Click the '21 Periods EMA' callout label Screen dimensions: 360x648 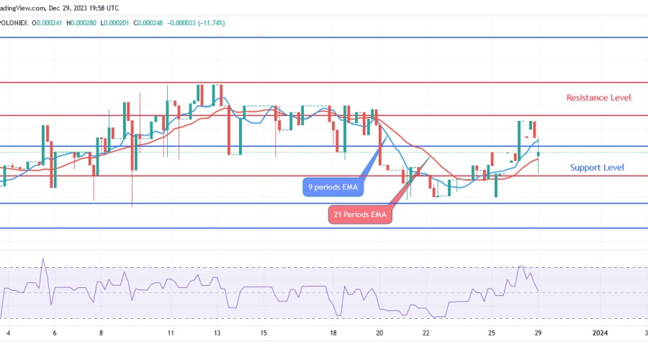pos(359,215)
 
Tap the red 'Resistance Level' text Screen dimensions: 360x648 pos(598,97)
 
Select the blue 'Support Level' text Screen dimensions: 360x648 pos(597,167)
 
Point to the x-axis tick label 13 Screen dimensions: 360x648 pos(217,333)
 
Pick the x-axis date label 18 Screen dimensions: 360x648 pos(333,333)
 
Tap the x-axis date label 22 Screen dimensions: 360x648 pos(426,333)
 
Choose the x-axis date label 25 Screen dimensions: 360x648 pos(491,333)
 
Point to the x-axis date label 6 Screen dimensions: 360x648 pos(55,333)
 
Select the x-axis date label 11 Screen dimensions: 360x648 pos(171,333)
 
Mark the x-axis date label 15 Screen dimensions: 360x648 pos(264,333)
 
